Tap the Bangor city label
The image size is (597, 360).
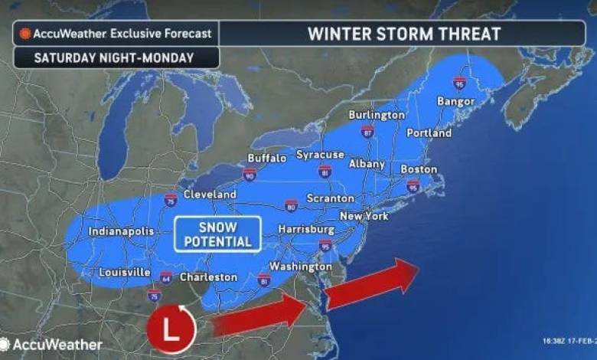(455, 102)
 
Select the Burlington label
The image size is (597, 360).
(376, 115)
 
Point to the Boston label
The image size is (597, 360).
(419, 169)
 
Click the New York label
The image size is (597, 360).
(364, 217)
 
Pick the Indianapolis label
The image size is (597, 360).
(121, 231)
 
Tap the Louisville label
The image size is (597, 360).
(124, 273)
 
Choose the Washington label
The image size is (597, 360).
(300, 267)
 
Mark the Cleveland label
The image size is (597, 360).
(210, 195)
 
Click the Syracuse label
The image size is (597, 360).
(321, 155)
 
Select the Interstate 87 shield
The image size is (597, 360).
(367, 131)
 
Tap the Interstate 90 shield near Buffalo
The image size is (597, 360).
(250, 176)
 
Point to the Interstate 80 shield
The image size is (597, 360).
(291, 205)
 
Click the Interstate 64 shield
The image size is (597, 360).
(166, 276)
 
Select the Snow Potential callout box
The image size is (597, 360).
(218, 233)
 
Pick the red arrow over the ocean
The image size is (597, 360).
(370, 281)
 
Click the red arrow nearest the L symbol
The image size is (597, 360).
(259, 316)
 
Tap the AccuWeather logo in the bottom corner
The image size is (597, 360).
(52, 345)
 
